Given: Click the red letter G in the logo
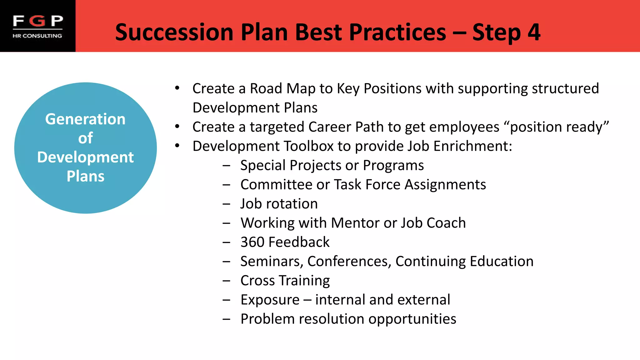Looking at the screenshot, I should (38, 21).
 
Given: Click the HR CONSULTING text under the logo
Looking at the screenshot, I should (37, 36).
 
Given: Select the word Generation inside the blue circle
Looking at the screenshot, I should (85, 119).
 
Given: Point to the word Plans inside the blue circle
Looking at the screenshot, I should (85, 176).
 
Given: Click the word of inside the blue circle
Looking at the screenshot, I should (85, 138).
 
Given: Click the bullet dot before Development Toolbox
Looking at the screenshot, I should (177, 146).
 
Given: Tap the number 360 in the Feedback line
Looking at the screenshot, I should (252, 242).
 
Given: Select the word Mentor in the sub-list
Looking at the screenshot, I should (355, 223).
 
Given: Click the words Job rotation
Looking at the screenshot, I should (279, 204).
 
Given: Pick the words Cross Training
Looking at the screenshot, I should (285, 281).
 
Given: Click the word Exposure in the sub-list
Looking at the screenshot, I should (270, 300).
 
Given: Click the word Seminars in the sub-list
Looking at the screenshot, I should (272, 262).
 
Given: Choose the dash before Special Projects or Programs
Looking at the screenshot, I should (227, 166).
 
